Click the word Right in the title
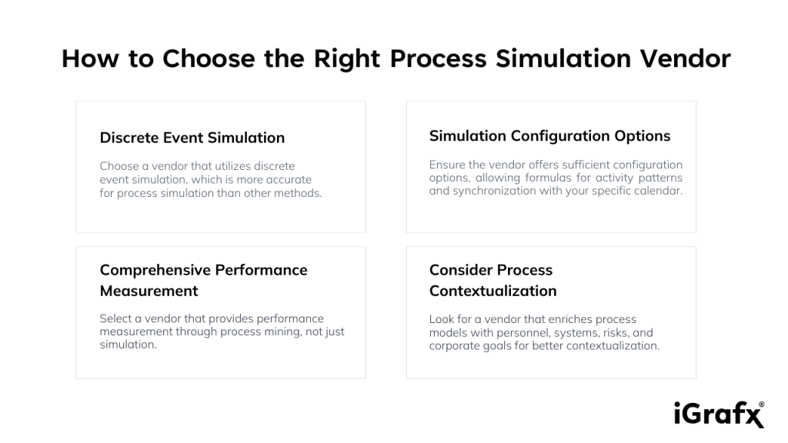(x=347, y=59)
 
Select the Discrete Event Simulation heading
(x=192, y=138)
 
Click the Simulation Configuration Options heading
(x=549, y=136)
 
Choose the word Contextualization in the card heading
(x=493, y=291)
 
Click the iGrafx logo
(x=720, y=415)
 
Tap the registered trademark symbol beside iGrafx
(x=761, y=404)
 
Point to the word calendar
(x=658, y=191)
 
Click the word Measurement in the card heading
(x=149, y=291)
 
